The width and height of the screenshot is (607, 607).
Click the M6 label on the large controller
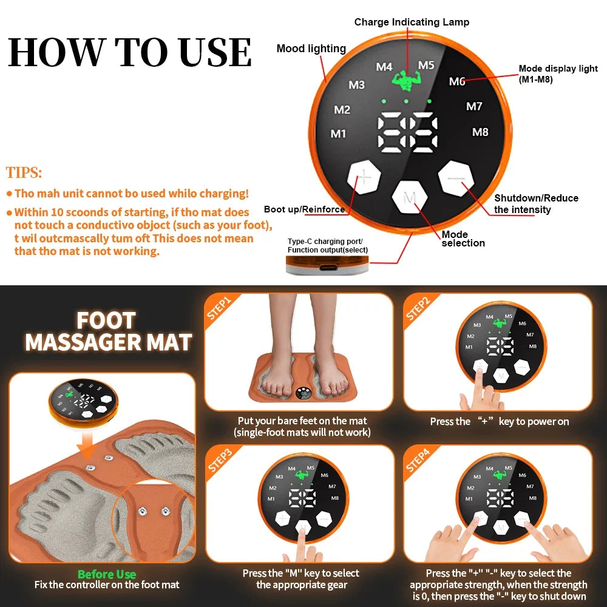point(457,81)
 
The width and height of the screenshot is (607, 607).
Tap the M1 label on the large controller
point(338,134)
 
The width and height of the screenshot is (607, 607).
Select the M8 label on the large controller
point(480,132)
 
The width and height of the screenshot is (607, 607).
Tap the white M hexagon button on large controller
point(410,198)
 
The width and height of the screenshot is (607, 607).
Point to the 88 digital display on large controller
point(407,132)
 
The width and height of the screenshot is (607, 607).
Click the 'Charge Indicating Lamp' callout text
point(412,22)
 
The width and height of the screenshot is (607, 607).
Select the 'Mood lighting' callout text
point(311,49)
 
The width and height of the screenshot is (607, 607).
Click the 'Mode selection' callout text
point(463,239)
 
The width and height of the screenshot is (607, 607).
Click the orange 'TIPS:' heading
point(24,172)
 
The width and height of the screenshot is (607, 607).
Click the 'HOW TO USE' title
point(129,53)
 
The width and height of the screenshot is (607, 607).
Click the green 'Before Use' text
point(107,574)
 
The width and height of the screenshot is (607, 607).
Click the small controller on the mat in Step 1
point(305,395)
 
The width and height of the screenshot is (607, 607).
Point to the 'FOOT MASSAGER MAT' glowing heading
point(108,331)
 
